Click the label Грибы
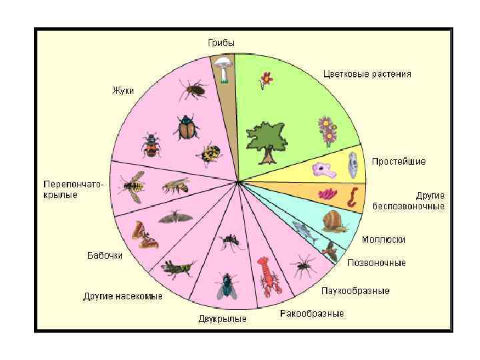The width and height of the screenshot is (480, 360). click(x=221, y=43)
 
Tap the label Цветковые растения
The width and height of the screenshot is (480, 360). click(x=367, y=74)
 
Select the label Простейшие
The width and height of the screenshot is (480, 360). click(x=399, y=161)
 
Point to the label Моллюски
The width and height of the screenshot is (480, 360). click(x=383, y=239)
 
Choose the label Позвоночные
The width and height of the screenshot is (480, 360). click(x=376, y=263)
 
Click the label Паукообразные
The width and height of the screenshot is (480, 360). click(x=355, y=291)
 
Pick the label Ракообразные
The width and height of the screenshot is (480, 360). click(x=312, y=313)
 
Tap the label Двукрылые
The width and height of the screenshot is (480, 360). click(x=222, y=319)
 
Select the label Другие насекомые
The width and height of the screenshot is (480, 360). click(x=123, y=296)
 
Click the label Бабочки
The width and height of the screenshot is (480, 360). click(x=105, y=256)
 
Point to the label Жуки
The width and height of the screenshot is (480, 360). click(x=123, y=91)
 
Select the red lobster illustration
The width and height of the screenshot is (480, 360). click(x=269, y=276)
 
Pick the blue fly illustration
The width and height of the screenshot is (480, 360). click(x=227, y=287)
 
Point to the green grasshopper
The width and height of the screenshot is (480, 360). click(x=177, y=268)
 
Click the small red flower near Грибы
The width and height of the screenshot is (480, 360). click(x=266, y=81)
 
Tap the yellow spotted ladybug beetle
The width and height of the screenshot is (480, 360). click(x=209, y=155)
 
